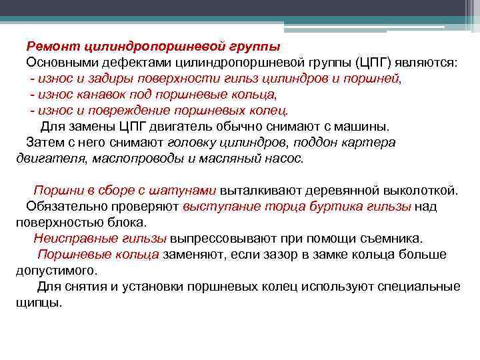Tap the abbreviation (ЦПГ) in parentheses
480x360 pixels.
pos(381,63)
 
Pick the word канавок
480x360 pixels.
pos(100,95)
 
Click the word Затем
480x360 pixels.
pos(43,143)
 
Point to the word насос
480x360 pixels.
pos(285,159)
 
